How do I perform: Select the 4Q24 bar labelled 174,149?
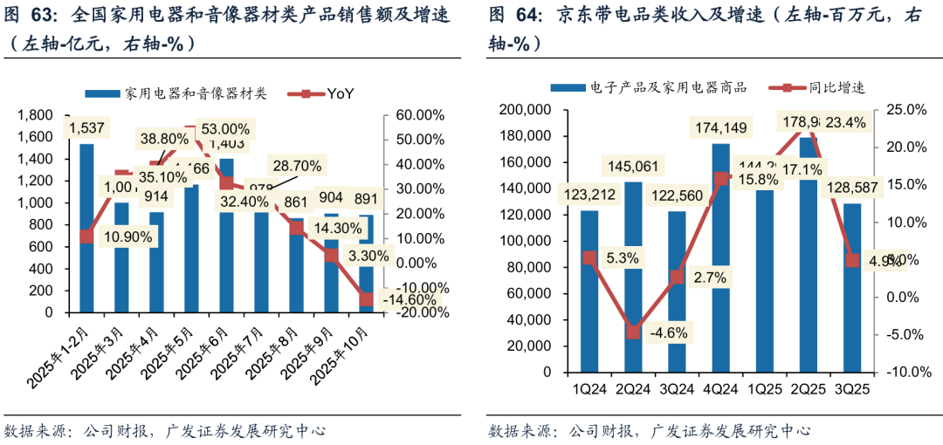click(720, 262)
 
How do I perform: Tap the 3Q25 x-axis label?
click(850, 384)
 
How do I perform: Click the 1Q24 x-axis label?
click(589, 384)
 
